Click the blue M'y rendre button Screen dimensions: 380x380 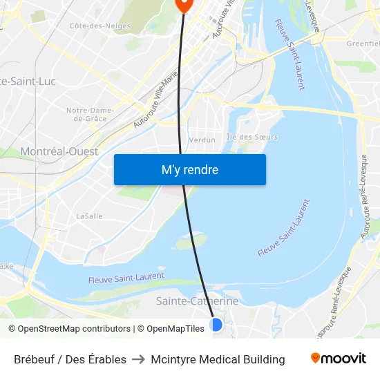190,170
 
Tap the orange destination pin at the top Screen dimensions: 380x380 183,5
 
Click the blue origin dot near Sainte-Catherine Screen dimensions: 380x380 216,324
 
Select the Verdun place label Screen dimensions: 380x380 202,140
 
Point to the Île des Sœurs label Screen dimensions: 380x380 252,137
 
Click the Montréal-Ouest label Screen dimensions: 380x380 59,151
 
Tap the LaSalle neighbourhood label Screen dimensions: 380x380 89,216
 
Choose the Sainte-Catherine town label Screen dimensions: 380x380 197,301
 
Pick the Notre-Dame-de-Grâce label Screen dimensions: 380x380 90,114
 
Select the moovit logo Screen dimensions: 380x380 339,359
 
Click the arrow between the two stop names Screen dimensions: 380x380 138,359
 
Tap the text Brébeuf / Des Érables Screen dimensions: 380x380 70,359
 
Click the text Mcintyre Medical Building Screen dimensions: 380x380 218,359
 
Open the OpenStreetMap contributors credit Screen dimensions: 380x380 70,329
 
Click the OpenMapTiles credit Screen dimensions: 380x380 170,329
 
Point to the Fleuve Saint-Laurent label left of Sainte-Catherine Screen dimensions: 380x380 126,278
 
